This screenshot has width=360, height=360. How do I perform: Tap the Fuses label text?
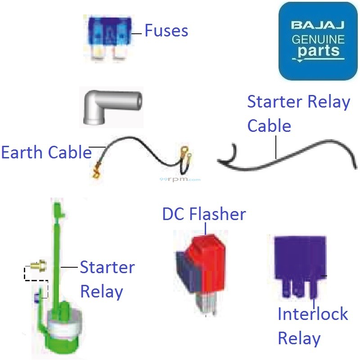(166, 31)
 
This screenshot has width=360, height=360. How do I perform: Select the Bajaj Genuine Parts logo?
(318, 41)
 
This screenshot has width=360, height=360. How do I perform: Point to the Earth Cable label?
(46, 153)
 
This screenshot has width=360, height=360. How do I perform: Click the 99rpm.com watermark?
(180, 179)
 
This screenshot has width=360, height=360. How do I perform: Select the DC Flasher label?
(204, 214)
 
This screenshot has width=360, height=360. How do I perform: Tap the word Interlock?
(312, 314)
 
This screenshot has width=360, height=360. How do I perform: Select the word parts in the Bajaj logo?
(318, 51)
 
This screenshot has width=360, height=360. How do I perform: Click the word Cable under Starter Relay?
(269, 126)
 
